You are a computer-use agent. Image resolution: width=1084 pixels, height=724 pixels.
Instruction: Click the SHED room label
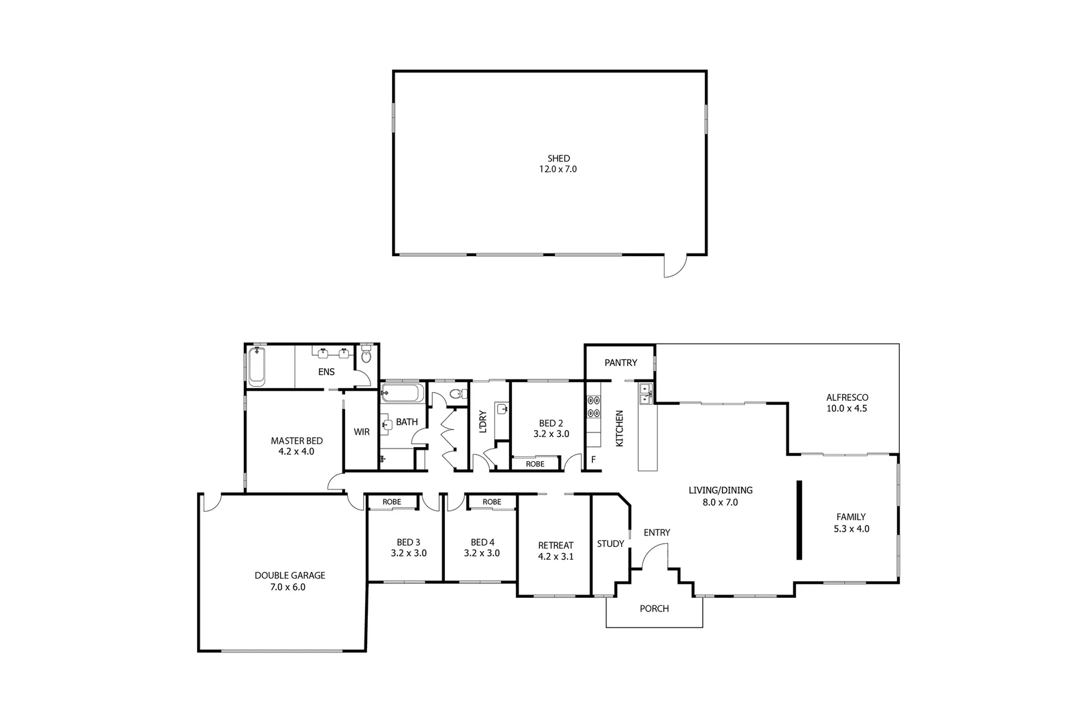click(558, 159)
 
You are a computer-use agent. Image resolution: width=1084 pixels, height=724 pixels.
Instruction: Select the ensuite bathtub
click(257, 366)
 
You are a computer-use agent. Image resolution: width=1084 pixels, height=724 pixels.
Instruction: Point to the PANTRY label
click(620, 363)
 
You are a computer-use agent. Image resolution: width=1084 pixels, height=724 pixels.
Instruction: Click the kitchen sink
click(645, 394)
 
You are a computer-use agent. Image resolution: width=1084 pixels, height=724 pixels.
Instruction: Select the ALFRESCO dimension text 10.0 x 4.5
click(847, 408)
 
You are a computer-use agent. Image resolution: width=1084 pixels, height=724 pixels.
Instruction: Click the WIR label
click(362, 432)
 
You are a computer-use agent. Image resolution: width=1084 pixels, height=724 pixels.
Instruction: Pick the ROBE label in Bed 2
click(535, 464)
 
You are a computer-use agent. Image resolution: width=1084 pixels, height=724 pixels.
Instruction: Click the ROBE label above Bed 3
click(392, 502)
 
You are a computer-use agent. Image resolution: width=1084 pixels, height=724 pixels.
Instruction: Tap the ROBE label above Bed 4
click(492, 502)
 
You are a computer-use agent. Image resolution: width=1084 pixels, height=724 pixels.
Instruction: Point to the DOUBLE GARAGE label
click(289, 575)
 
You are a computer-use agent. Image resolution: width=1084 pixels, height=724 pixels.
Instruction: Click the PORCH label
click(654, 609)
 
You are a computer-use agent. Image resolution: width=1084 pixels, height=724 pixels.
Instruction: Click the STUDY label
click(610, 544)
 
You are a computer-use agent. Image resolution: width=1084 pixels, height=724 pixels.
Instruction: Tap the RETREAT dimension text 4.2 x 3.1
click(555, 556)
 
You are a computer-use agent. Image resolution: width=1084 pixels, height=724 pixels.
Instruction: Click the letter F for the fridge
click(593, 460)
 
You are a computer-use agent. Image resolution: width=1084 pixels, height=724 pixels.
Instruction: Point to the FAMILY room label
click(851, 517)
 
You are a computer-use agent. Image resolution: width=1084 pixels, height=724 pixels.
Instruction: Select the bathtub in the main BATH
click(402, 393)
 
